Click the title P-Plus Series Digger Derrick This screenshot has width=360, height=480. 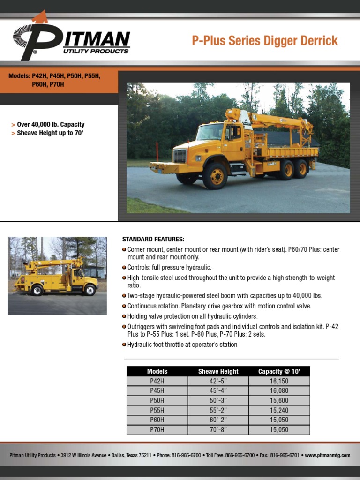[x=265, y=41]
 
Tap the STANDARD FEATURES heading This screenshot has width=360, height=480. [x=153, y=239]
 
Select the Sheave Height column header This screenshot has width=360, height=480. [x=218, y=371]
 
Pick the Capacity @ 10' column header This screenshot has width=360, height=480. [x=279, y=371]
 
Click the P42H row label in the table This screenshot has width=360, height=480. [x=157, y=381]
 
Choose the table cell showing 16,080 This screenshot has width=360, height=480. [x=279, y=390]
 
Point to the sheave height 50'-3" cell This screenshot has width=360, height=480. [x=218, y=400]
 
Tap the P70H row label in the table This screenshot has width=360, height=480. [x=157, y=429]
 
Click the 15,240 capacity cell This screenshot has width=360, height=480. [x=279, y=410]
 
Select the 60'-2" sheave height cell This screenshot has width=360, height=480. [x=218, y=420]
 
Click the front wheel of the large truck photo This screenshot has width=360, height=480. [x=215, y=176]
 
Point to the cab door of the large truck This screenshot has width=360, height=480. [x=233, y=141]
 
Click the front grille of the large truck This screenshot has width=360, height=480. [x=180, y=156]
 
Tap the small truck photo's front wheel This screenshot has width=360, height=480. [x=89, y=290]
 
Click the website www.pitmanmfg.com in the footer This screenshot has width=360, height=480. [x=328, y=455]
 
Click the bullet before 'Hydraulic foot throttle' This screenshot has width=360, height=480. [x=124, y=345]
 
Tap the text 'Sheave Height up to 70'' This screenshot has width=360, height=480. [x=53, y=133]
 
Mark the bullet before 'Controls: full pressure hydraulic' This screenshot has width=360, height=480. [x=124, y=267]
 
